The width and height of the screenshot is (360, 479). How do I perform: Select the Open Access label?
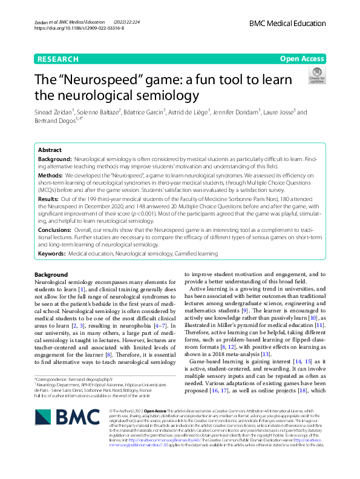[x=303, y=59]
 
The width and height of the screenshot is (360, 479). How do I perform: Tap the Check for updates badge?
[x=317, y=75]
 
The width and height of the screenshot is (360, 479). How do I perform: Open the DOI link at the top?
[x=79, y=28]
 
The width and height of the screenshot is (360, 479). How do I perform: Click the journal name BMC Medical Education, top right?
[x=288, y=22]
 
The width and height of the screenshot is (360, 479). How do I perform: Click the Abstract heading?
[x=50, y=150]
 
